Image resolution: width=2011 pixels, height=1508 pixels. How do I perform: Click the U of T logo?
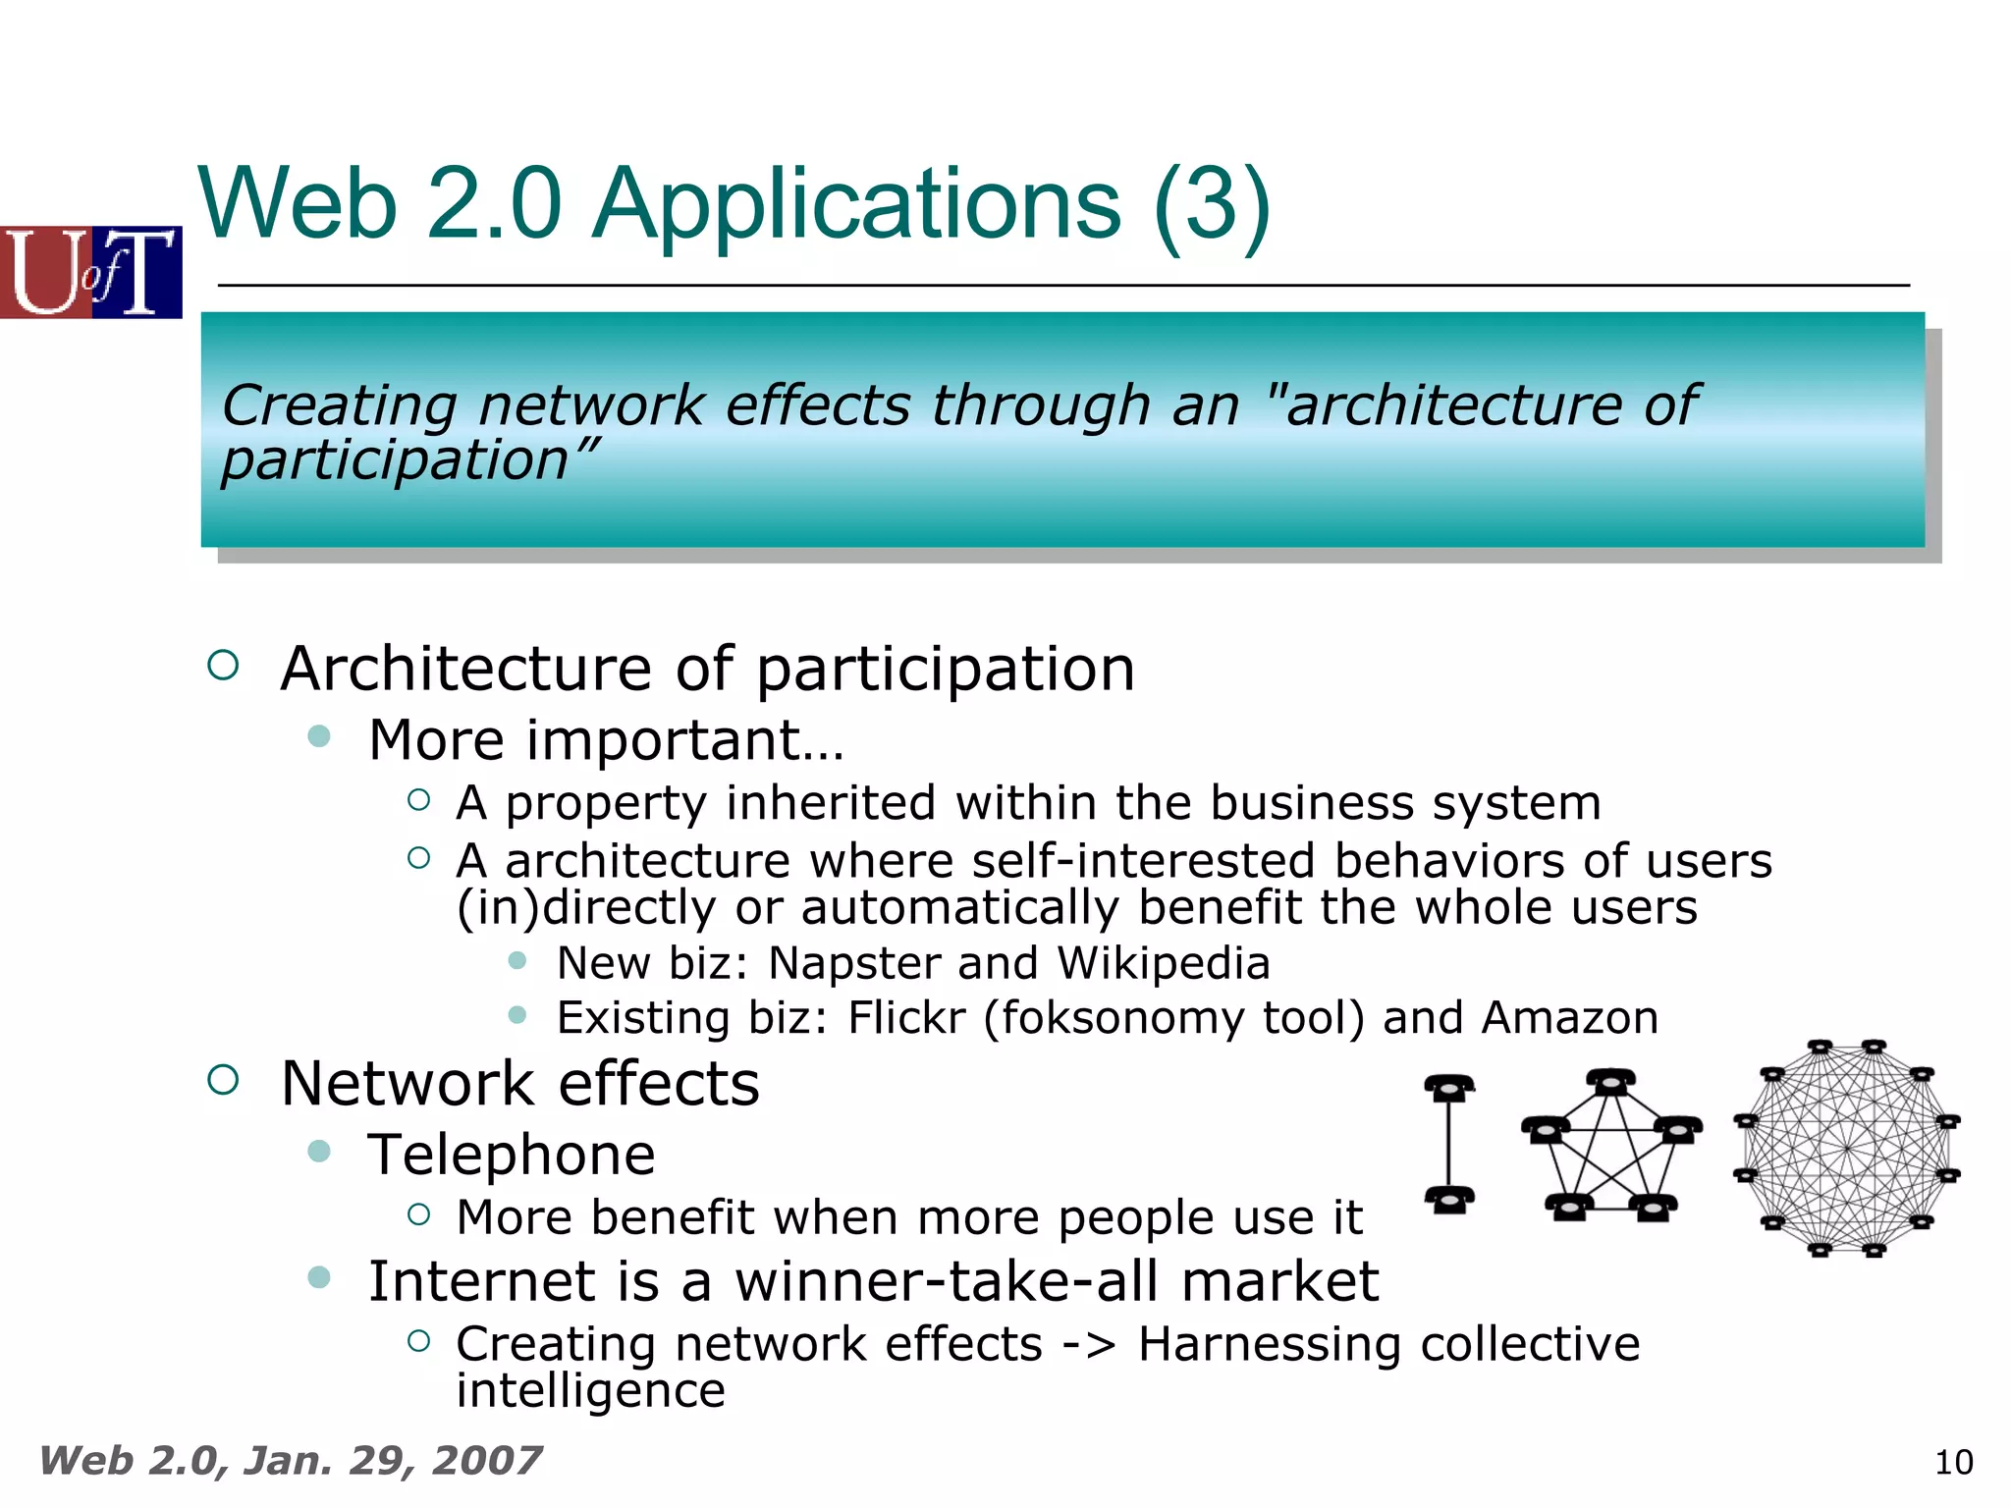click(x=90, y=272)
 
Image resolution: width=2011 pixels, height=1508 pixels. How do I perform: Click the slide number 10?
click(x=1953, y=1463)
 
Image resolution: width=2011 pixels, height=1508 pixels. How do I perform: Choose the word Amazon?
click(x=1570, y=1018)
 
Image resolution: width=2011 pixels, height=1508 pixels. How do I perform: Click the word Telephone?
click(x=512, y=1155)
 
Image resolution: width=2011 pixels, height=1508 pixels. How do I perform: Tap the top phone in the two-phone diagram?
click(x=1449, y=1088)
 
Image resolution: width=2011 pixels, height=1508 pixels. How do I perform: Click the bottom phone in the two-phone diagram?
click(x=1449, y=1200)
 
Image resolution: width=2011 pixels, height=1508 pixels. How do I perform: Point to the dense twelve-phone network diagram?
click(x=1847, y=1148)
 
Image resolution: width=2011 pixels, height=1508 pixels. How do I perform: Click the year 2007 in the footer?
click(x=486, y=1461)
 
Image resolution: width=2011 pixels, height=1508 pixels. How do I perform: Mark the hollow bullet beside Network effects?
click(x=224, y=1080)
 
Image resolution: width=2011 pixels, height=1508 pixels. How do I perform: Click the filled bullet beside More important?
click(x=319, y=736)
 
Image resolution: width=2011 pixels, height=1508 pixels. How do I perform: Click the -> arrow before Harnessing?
click(x=1089, y=1345)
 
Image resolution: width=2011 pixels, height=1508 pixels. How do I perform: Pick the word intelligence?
click(x=590, y=1390)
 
